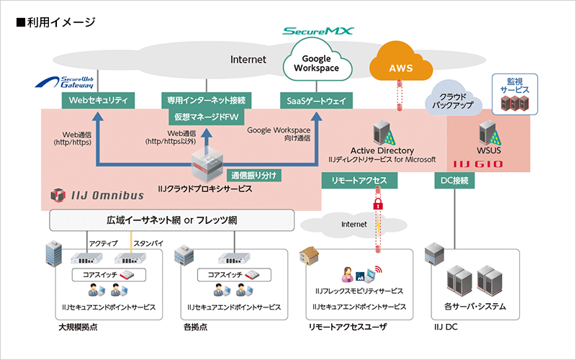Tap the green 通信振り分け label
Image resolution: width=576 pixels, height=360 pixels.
pyautogui.click(x=253, y=175)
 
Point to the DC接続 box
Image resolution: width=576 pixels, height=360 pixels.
pyautogui.click(x=454, y=181)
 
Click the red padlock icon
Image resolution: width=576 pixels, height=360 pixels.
pyautogui.click(x=377, y=207)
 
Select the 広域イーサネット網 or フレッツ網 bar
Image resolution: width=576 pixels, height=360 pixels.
pyautogui.click(x=172, y=219)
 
